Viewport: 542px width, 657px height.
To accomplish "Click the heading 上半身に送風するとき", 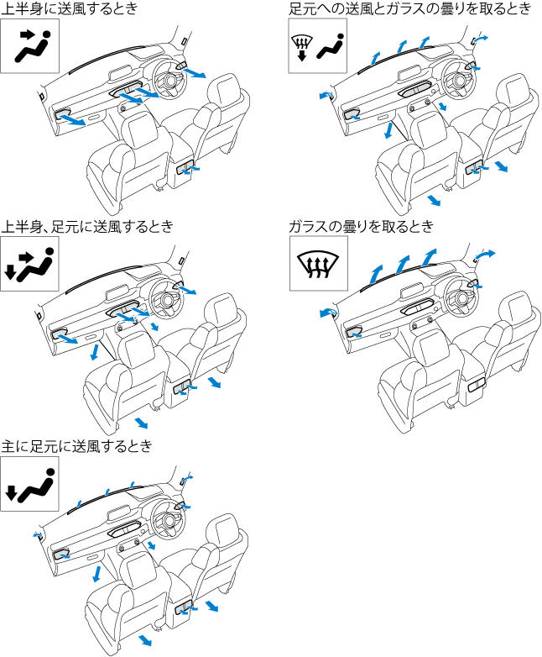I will click(70, 8).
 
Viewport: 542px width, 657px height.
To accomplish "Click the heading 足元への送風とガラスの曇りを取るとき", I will click(409, 8).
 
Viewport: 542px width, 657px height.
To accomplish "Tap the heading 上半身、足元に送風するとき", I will click(87, 226).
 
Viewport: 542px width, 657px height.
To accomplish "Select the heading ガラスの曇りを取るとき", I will click(361, 226).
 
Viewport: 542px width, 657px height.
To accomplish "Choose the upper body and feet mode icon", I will click(29, 263).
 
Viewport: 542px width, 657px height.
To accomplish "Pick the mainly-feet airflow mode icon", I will click(29, 483).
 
